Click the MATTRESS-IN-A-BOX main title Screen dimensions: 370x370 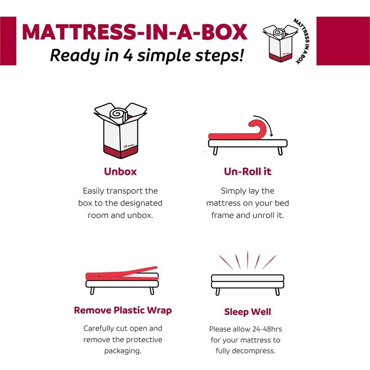[x=134, y=31]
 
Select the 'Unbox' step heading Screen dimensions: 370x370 [x=120, y=172]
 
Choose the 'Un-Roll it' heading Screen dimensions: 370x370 [x=247, y=172]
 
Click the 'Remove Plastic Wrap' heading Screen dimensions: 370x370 [x=123, y=310]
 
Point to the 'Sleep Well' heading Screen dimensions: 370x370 [x=247, y=312]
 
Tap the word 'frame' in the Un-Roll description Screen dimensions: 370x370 [x=223, y=215]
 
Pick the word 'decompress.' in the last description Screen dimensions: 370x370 [x=257, y=351]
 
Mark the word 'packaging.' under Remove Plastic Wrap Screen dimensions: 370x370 [x=123, y=351]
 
